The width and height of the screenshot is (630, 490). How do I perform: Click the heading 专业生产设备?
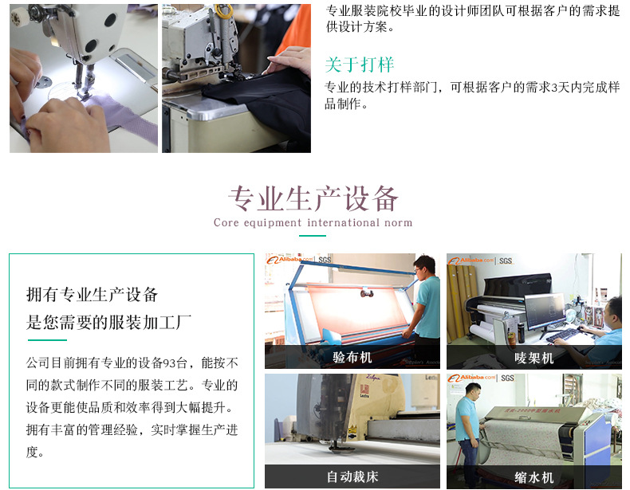click(x=313, y=198)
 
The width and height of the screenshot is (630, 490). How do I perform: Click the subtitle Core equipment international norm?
click(x=313, y=223)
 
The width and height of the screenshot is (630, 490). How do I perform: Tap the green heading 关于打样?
click(x=360, y=65)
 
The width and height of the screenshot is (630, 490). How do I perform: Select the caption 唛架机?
click(x=534, y=358)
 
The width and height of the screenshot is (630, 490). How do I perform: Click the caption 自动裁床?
click(x=352, y=477)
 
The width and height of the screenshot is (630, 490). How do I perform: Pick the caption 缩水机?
click(x=534, y=477)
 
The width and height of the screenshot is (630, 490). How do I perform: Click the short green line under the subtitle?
click(x=313, y=236)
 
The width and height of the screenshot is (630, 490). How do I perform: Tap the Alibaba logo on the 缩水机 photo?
click(x=472, y=378)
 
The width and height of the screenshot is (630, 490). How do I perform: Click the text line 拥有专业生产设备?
click(x=93, y=294)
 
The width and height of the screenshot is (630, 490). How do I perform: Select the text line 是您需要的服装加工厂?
click(x=109, y=323)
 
